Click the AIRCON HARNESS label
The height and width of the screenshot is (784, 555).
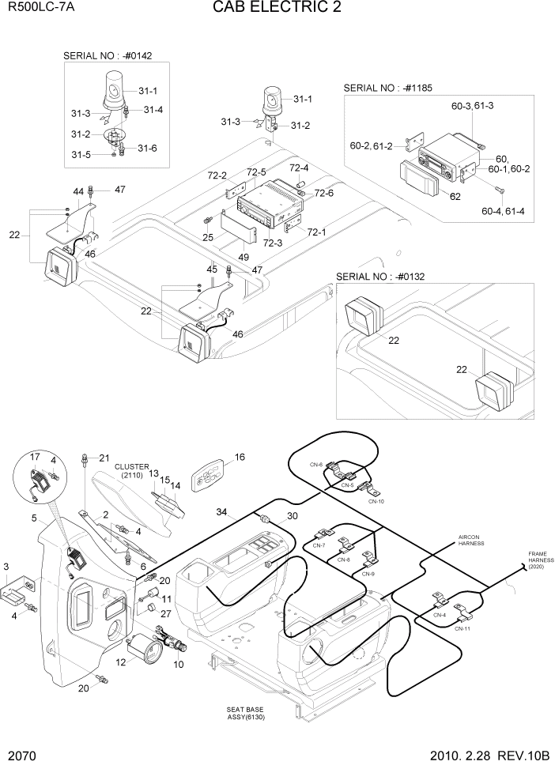[470, 541]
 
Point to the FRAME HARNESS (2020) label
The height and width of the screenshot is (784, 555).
[542, 560]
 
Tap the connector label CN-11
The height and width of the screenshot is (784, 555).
[462, 629]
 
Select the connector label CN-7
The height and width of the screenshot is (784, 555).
[319, 546]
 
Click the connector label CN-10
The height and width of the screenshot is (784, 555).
[376, 501]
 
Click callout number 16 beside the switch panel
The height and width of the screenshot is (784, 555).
[240, 457]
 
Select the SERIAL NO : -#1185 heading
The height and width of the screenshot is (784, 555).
[387, 89]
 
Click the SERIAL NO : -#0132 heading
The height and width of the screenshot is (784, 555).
[380, 277]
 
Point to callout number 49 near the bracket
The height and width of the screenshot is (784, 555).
[244, 257]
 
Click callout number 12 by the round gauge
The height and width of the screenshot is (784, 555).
[121, 662]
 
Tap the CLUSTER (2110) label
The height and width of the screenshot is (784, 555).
[130, 471]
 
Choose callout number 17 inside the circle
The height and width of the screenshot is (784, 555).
[35, 457]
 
